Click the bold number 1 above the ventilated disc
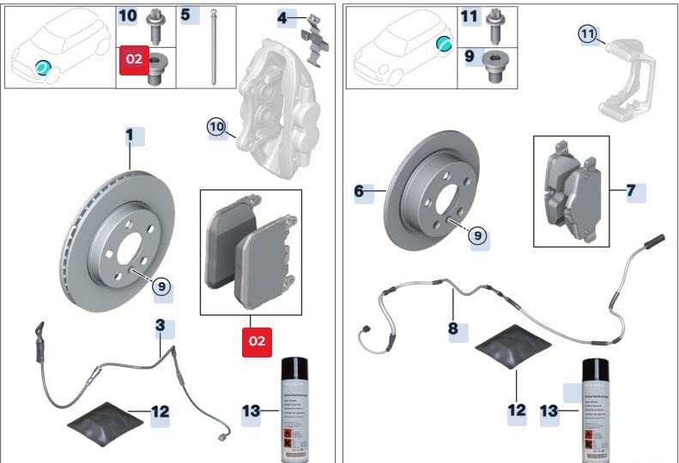click(x=130, y=135)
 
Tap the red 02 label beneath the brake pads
click(x=257, y=340)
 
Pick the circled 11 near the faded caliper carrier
click(x=587, y=34)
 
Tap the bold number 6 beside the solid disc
click(x=359, y=191)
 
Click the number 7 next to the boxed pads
click(x=631, y=191)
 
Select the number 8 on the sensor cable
click(x=453, y=328)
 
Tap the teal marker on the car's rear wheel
click(x=444, y=44)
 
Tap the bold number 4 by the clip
click(x=282, y=17)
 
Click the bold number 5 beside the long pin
click(x=185, y=15)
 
